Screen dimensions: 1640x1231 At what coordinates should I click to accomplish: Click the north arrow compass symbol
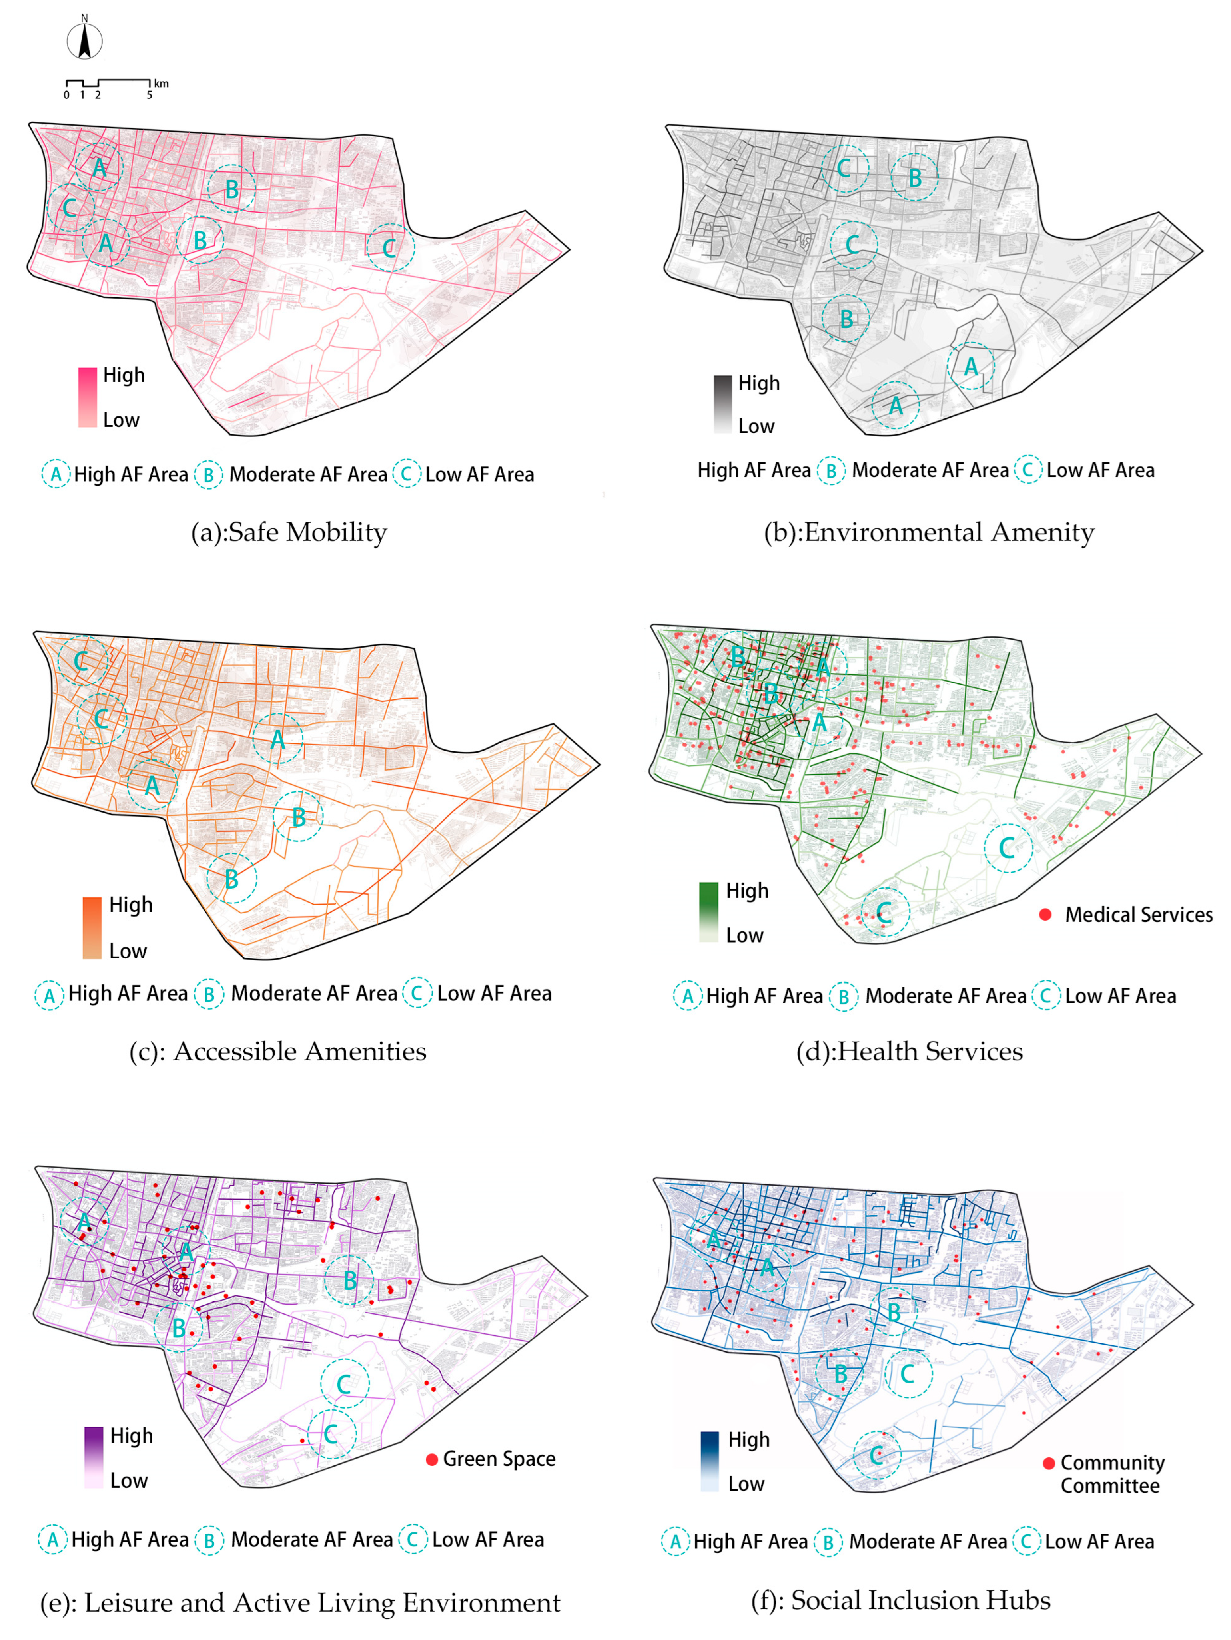coord(84,41)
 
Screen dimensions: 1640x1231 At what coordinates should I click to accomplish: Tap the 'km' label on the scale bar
coord(161,83)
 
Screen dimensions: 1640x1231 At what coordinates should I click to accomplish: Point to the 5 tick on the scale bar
coord(149,95)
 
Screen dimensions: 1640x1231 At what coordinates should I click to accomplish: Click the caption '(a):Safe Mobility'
coord(289,532)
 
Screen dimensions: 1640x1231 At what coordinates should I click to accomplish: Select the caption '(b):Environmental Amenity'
coord(928,532)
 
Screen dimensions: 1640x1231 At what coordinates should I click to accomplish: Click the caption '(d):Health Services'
coord(909,1051)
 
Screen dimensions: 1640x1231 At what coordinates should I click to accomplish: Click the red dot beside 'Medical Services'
coord(1045,914)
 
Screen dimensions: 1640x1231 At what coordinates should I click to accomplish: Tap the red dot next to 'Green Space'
coord(432,1459)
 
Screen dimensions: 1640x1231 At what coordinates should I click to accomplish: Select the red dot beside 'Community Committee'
coord(1049,1463)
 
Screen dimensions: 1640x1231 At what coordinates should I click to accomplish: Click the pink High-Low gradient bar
coord(88,397)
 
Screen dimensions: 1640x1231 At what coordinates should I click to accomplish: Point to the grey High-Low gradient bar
coord(722,404)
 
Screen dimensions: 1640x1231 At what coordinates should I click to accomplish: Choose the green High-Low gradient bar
coord(708,912)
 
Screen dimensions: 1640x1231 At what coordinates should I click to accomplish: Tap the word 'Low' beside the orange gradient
coord(128,951)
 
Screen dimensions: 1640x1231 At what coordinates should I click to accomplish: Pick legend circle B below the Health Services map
coord(843,996)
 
